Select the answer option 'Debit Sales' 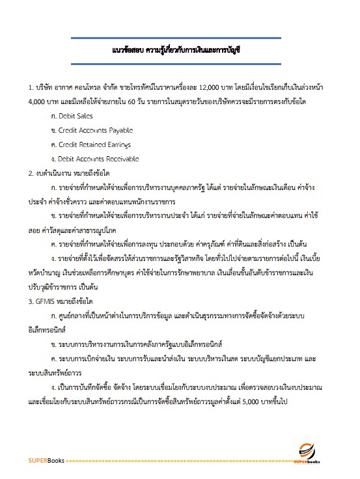76,116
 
